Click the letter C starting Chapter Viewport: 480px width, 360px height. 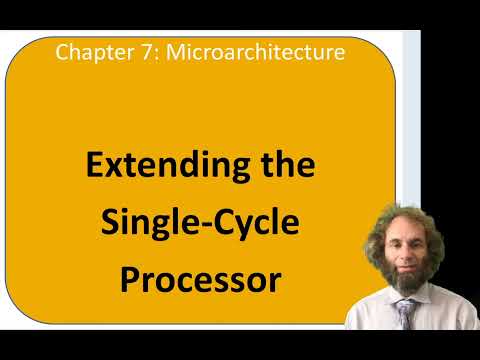62,51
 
